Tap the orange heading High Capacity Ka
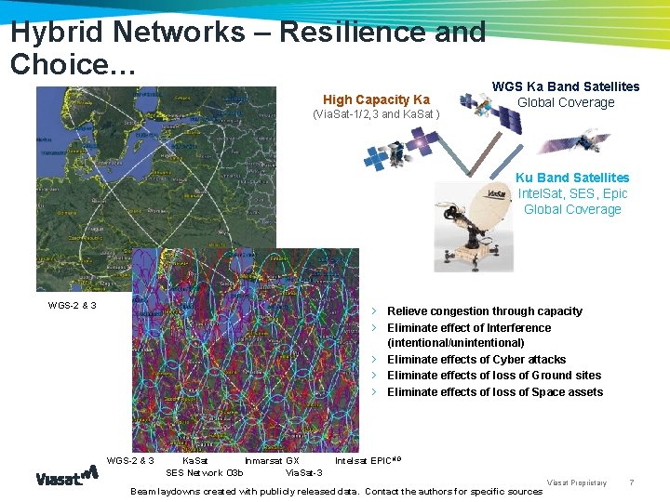click(376, 99)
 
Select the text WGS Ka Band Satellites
click(565, 86)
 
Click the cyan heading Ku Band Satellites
click(572, 178)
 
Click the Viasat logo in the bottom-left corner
click(66, 476)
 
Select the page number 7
click(632, 482)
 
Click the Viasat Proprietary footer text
click(576, 482)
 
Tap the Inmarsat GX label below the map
click(271, 460)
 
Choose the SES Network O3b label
click(204, 473)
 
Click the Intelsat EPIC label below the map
click(368, 460)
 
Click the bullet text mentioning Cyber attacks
click(476, 360)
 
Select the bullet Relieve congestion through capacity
click(484, 311)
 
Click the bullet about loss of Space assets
click(494, 392)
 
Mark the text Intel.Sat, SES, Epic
click(572, 193)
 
